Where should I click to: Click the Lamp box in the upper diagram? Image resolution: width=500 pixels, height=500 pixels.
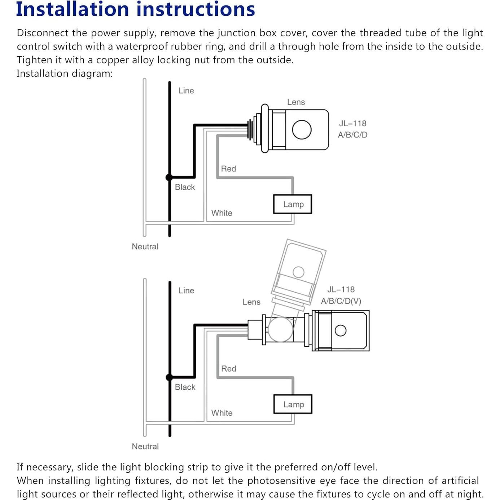293,204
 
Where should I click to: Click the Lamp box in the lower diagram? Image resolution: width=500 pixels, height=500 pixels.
293,404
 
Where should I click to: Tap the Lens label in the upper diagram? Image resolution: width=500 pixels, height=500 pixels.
296,102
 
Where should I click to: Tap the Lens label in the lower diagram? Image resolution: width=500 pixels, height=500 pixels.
251,302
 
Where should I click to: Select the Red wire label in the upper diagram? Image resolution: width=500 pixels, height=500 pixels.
228,169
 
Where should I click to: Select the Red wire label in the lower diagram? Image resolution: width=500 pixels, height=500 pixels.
228,369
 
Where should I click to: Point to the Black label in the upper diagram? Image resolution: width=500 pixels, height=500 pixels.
185,187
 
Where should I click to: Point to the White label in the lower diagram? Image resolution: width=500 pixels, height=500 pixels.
222,413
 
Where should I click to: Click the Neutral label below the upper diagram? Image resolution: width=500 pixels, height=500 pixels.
145,246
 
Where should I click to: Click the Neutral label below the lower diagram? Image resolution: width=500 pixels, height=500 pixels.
145,446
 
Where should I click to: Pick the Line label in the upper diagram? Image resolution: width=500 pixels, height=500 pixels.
186,91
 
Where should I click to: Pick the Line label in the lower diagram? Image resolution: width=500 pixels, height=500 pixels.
186,290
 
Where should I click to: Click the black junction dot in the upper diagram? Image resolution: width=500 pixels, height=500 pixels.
169,177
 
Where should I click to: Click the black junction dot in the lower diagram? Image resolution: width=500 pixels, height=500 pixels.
169,377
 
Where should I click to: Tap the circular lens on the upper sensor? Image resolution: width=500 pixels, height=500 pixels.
302,130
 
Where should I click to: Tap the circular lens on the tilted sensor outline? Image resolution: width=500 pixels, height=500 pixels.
298,272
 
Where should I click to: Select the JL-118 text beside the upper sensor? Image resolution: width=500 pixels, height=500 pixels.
352,123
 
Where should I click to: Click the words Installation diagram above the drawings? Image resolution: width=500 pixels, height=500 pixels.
64,74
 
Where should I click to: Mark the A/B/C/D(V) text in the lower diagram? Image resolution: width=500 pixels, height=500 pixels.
341,301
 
